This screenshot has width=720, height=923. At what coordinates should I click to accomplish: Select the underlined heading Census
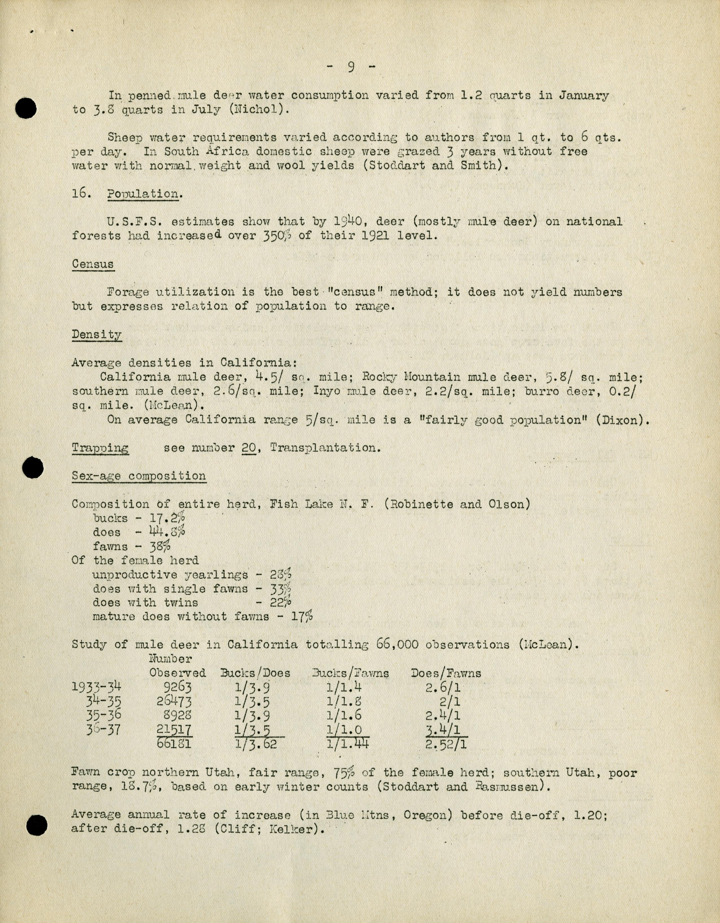click(x=93, y=264)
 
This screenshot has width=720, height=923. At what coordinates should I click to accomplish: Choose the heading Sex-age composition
click(x=139, y=476)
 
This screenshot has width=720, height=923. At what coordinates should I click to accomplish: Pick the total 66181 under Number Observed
click(x=174, y=742)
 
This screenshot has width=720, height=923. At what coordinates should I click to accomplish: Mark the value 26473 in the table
click(x=174, y=701)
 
